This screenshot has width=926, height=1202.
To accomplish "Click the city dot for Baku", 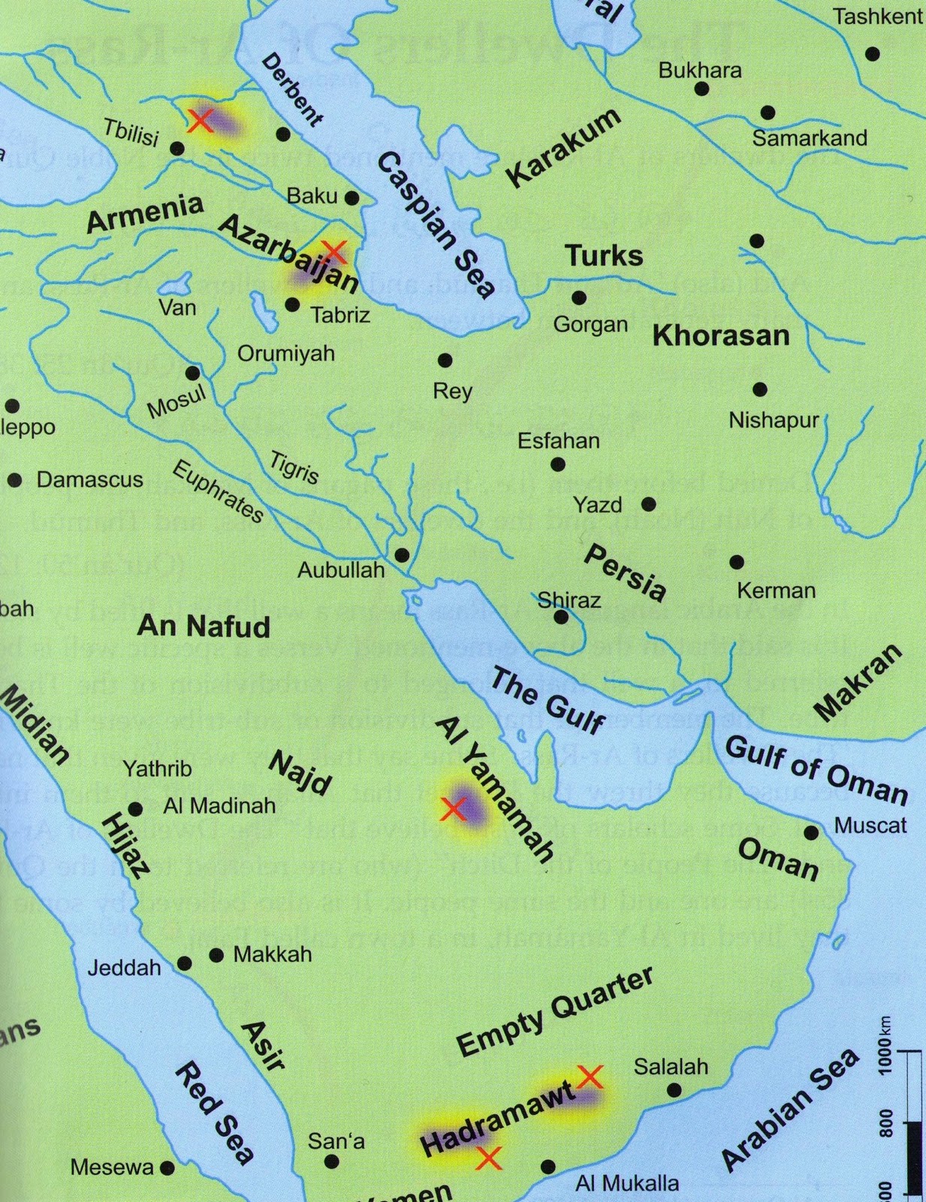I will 351,198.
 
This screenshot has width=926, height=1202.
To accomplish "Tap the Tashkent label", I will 877,17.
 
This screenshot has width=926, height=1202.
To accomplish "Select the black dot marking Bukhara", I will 701,89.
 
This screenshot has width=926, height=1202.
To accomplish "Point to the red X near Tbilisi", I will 200,120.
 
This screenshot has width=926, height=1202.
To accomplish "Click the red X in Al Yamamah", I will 452,809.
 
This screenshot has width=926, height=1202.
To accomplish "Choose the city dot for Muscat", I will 811,832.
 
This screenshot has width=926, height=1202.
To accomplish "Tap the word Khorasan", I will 721,335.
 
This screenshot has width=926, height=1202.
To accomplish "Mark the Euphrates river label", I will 218,492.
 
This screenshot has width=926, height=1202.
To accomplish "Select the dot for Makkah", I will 216,956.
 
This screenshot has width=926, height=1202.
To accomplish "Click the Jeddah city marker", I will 184,964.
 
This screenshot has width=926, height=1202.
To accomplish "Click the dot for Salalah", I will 674,1090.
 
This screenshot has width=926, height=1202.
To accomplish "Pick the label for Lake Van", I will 178,308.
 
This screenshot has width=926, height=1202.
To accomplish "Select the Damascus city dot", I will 14,480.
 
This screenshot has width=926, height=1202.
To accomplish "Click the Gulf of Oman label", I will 816,769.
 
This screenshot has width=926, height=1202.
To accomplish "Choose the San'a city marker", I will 331,1161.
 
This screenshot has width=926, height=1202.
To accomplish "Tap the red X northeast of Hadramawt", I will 590,1077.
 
